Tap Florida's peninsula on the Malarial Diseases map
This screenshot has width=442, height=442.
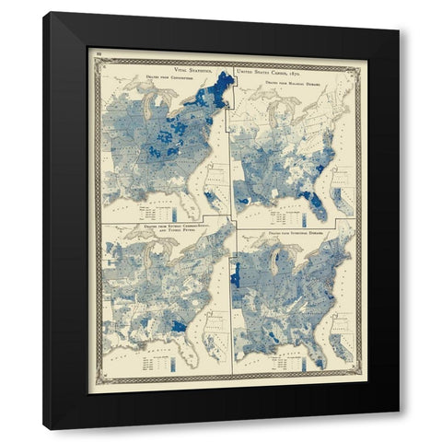click(x=317, y=204)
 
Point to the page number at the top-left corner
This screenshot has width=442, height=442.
click(x=98, y=57)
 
